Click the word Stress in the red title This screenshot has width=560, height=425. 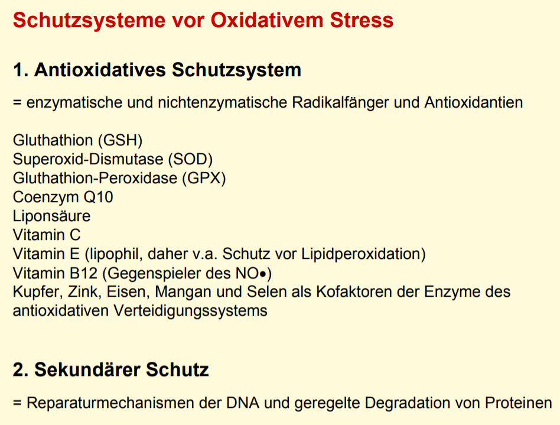point(362,20)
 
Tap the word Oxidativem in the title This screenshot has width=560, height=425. point(267,20)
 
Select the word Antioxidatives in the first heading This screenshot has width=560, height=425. point(100,70)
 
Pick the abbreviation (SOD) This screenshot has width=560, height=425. point(190,159)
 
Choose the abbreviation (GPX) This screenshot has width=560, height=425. point(204,178)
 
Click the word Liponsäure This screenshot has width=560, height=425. point(52,216)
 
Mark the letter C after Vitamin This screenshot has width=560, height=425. point(75,235)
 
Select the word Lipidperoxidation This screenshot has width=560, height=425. point(361,254)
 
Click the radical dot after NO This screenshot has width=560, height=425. point(263,274)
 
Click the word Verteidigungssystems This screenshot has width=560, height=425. point(190,311)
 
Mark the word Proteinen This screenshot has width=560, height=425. point(519,403)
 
